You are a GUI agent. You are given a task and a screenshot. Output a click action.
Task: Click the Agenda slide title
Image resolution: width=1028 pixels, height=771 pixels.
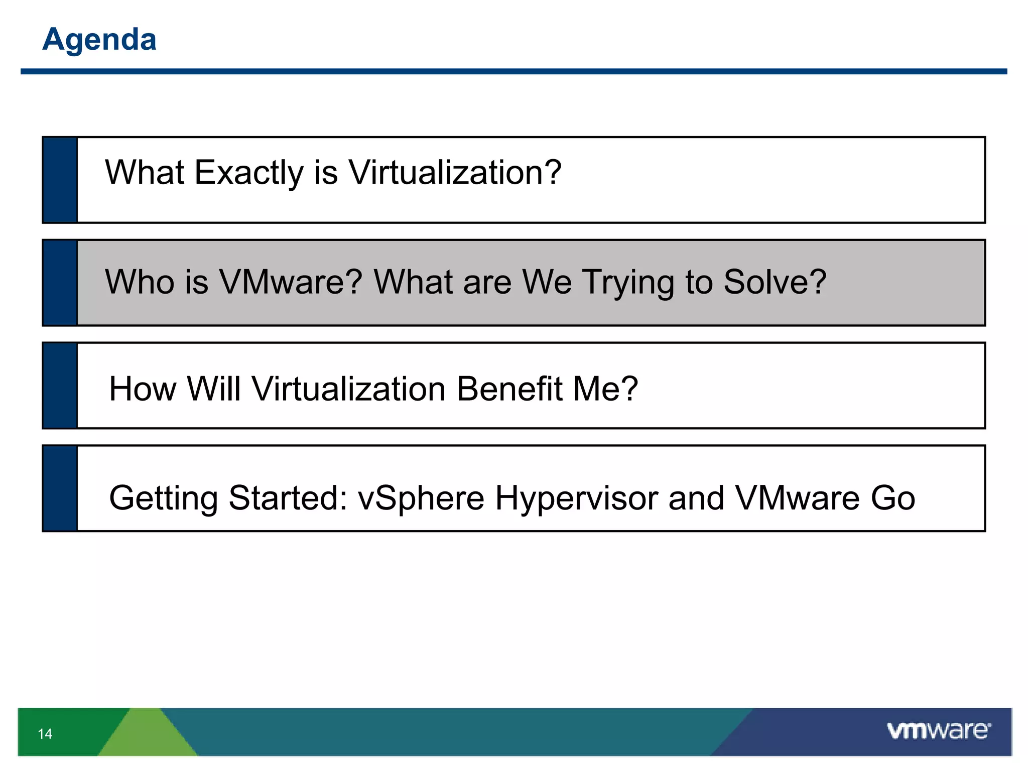pos(99,39)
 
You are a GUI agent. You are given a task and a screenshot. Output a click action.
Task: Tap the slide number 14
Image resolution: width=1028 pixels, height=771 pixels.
pos(45,734)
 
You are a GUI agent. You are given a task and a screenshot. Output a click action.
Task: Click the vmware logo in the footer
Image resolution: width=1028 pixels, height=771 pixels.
pos(939,730)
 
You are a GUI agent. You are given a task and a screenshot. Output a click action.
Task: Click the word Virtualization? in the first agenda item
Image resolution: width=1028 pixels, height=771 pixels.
pos(455,173)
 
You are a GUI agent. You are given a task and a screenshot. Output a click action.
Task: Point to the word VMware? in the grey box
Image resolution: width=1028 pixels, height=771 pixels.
pos(291,282)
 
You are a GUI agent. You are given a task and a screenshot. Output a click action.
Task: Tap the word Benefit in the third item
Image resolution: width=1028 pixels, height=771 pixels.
pos(509,389)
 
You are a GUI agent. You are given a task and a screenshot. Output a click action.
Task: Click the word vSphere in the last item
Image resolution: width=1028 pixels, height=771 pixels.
pos(421,498)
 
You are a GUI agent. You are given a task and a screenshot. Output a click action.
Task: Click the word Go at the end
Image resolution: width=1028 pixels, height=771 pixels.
pos(893,498)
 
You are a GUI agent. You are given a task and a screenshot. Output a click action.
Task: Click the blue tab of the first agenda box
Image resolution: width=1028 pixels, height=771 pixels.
pos(60,180)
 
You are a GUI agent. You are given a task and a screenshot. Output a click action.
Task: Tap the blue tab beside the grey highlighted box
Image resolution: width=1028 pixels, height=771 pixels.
pos(60,283)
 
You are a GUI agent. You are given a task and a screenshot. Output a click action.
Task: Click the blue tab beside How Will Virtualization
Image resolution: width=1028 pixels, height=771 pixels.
pos(60,385)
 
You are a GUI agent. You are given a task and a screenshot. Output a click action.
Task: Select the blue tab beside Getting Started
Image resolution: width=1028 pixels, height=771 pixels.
pos(60,488)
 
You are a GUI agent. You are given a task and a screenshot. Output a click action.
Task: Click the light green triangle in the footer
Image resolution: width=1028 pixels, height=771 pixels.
pos(147,735)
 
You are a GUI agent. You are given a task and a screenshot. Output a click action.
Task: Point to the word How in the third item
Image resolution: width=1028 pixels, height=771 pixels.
pos(142,389)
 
